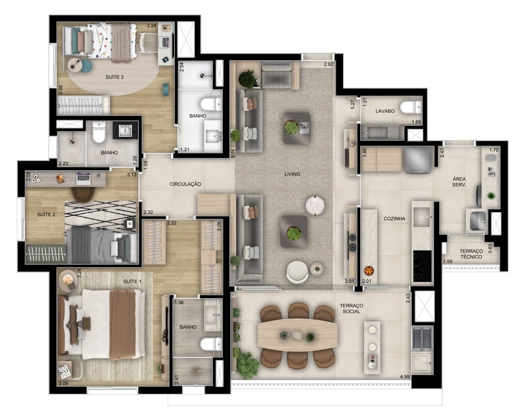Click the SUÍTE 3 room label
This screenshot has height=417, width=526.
114,77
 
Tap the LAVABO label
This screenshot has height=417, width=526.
385,111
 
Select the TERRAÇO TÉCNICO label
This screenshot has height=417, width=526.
471,254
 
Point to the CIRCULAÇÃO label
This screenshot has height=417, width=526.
185,184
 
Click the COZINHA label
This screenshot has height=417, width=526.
394,218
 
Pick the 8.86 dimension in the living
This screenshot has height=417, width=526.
233,153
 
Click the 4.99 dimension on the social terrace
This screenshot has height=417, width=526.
405,376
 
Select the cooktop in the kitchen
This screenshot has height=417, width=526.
422,266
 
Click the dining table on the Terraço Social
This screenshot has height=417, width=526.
297,335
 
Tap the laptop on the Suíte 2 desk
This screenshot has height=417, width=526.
83,178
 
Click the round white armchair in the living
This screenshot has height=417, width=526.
297,272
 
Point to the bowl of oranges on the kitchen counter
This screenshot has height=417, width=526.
368,270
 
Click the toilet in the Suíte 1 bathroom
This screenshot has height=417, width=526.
211,344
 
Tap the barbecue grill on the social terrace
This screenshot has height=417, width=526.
422,339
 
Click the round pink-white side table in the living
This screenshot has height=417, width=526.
315,205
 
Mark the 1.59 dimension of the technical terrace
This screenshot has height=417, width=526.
448,262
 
